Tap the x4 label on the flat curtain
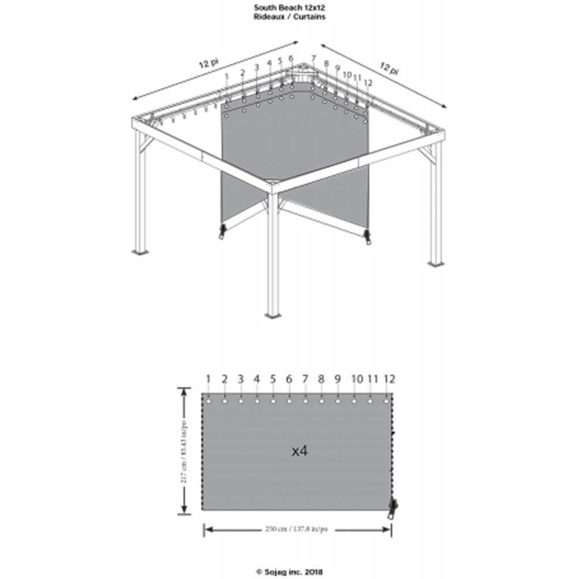coord(300,451)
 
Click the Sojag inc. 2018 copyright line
coord(289,570)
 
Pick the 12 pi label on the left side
coord(210,63)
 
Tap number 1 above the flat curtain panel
coord(208,379)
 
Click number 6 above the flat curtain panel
coord(289,379)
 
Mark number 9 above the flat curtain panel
coord(337,379)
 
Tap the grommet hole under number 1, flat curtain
coord(208,400)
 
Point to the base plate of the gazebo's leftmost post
coord(140,253)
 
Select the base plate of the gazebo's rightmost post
coord(434,263)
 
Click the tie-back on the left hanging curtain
coord(222,232)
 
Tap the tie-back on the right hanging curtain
coord(367,237)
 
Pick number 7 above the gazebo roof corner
coord(313,58)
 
